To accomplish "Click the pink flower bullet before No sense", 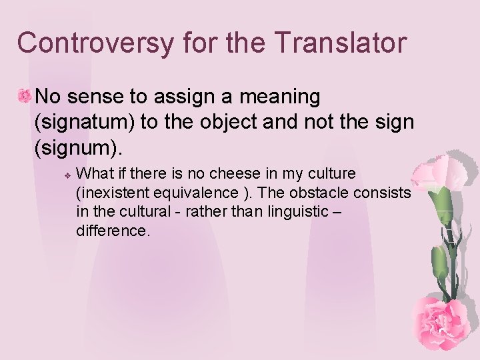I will click(x=24, y=97).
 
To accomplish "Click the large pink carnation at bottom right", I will click(x=440, y=320).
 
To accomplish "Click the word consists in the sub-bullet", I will click(x=385, y=193).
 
